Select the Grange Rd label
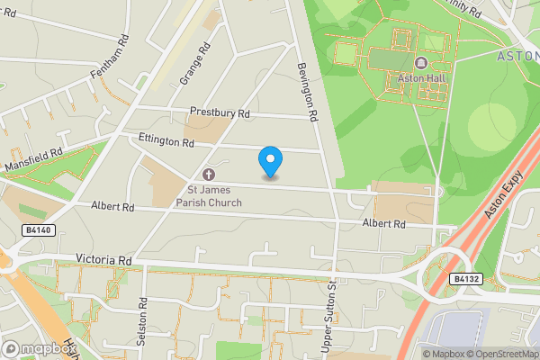(x=194, y=64)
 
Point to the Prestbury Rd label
(x=219, y=113)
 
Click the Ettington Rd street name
(x=166, y=141)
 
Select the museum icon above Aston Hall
(x=421, y=63)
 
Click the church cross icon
(x=209, y=174)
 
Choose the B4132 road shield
(x=467, y=279)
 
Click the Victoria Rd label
(x=105, y=260)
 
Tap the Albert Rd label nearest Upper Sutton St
(x=384, y=222)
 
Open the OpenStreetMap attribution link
(x=499, y=354)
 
